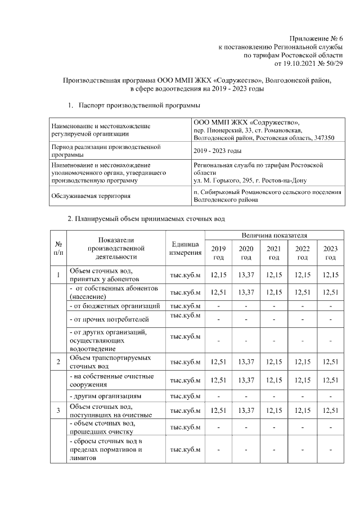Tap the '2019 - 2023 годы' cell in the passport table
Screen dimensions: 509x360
tap(217, 151)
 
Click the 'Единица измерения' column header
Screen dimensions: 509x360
tap(185, 249)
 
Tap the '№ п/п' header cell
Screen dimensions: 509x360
tap(58, 248)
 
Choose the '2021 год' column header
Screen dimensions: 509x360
tap(274, 253)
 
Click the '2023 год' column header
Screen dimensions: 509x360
tap(331, 253)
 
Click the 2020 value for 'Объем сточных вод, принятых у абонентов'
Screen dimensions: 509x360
tap(246, 275)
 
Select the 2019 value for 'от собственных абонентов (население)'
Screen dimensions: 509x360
tap(218, 291)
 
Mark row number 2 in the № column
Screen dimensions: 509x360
tap(58, 361)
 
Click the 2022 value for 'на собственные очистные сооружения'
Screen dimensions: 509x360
tap(303, 381)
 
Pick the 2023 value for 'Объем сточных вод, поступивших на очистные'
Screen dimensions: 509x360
tap(331, 411)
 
